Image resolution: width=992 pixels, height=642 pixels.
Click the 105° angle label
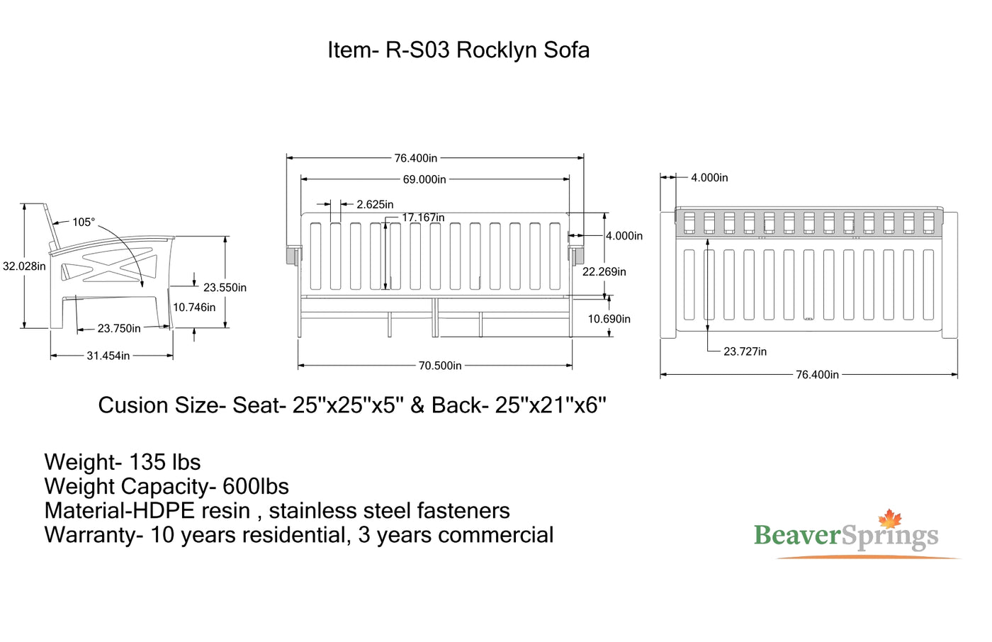[x=83, y=223]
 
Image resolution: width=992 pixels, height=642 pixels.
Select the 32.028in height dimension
[x=24, y=266]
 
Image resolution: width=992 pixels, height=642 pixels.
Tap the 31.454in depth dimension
[x=108, y=356]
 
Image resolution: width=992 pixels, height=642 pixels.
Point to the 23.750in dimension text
[x=119, y=328]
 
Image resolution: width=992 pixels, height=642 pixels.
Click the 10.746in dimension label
[x=194, y=308]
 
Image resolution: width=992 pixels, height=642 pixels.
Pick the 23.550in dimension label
[x=225, y=288]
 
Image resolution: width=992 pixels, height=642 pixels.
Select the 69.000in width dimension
[x=424, y=179]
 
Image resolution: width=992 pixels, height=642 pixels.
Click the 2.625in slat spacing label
[x=375, y=205]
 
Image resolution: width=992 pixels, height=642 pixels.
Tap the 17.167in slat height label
[x=423, y=218]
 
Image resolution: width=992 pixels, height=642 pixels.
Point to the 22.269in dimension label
[x=604, y=271]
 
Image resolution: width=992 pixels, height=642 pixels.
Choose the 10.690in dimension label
[x=609, y=319]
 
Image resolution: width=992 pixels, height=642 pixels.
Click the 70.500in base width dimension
[x=440, y=366]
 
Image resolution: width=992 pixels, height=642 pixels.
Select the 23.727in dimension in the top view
[x=745, y=351]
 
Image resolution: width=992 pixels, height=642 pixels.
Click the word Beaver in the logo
[x=797, y=535]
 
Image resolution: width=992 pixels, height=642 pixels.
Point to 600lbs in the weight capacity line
[x=256, y=487]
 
